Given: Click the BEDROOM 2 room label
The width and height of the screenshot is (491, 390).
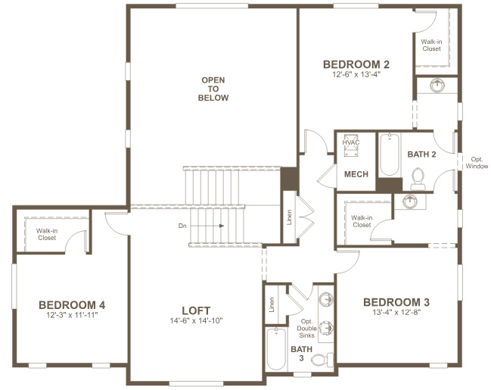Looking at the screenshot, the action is coord(356,64).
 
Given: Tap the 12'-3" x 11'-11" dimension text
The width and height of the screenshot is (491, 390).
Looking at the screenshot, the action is coord(72,315).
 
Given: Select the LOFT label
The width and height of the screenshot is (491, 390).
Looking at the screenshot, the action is coord(196,310).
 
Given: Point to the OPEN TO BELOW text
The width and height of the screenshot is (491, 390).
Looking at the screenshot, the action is coord(213,89).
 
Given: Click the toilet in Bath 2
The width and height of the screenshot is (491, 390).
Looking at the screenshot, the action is coord(418,179).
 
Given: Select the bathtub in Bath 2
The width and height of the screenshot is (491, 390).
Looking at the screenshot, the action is coord(390,154).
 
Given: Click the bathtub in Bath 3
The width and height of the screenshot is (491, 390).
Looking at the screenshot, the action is coord(276,349).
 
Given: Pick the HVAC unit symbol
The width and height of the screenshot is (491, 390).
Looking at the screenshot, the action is coord(351,146).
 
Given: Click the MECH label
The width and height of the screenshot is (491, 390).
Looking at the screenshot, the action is coord(356,174).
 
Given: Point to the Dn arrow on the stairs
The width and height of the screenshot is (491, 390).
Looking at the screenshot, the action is coord(207,226).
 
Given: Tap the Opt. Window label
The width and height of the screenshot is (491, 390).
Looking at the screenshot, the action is coord(477,163).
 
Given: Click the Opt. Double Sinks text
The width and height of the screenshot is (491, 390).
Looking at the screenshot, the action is coord(306,329).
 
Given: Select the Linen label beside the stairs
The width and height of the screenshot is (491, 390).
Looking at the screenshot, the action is coord(289,217).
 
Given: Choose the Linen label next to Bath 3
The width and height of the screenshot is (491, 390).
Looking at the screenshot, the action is coord(272,304).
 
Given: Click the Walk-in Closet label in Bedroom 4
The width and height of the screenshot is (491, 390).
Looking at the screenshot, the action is coord(47,234).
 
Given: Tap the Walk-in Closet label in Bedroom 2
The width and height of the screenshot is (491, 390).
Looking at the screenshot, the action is coord(431,45).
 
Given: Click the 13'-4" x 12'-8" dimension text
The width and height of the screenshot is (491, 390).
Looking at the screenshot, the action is coord(396,312).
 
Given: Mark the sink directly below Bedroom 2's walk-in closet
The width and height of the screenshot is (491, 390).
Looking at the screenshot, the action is coord(437,86).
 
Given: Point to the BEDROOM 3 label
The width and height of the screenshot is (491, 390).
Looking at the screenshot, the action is coord(396,302).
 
